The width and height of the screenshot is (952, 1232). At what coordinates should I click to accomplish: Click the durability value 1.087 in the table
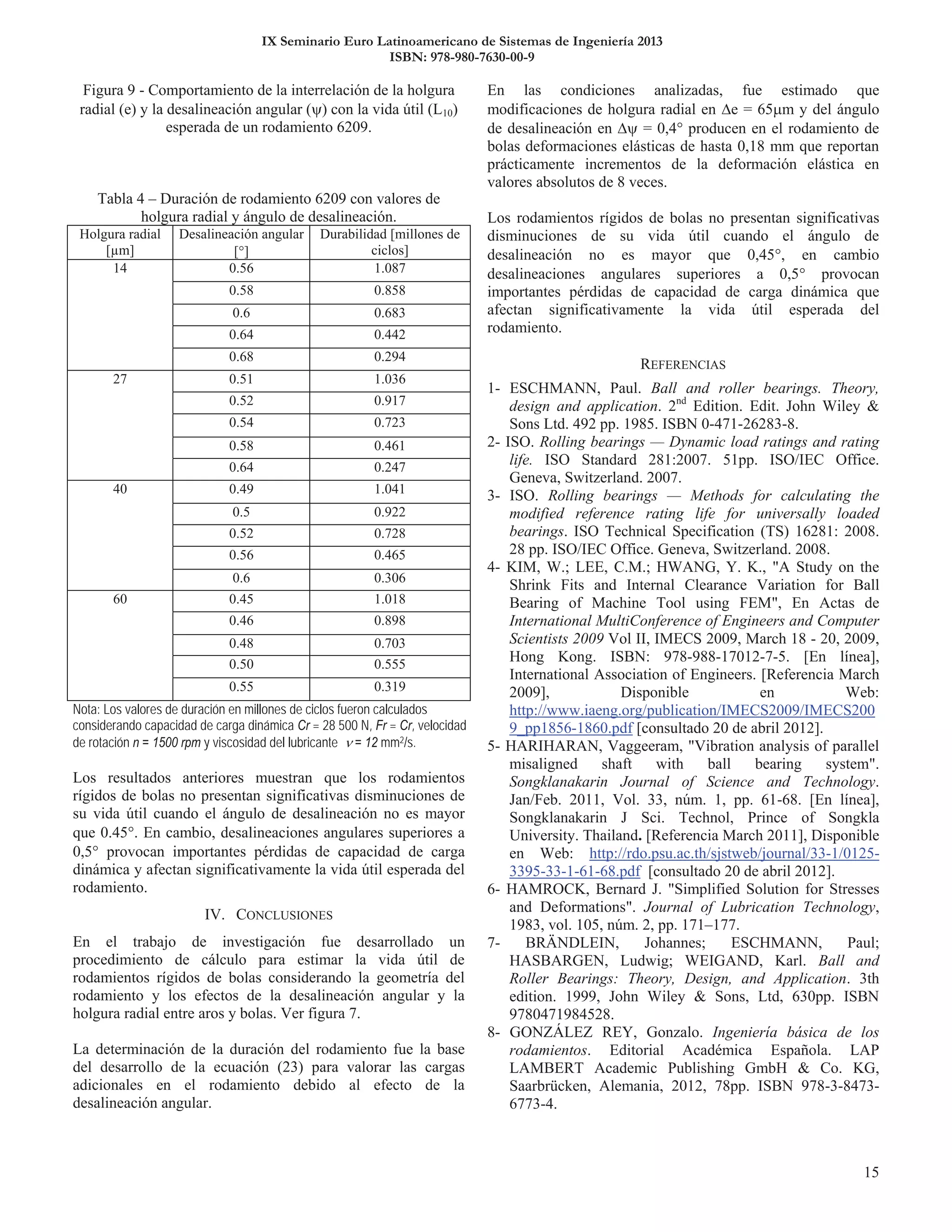(x=390, y=269)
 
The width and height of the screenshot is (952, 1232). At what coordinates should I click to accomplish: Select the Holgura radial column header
(x=119, y=242)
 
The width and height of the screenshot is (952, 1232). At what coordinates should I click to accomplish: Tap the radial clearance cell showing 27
(x=119, y=379)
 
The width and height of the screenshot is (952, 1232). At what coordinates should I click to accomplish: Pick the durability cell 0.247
(x=390, y=468)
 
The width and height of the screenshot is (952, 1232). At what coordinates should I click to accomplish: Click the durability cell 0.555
(x=390, y=664)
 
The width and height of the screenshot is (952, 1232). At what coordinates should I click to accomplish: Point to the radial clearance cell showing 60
(x=119, y=599)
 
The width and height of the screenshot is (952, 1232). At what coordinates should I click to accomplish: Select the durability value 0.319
(x=390, y=687)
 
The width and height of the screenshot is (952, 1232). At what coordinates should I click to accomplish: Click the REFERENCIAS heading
(x=683, y=364)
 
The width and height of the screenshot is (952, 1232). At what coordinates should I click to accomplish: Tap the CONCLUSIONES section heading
(x=284, y=915)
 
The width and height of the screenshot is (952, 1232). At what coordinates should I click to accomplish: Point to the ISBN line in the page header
(x=462, y=58)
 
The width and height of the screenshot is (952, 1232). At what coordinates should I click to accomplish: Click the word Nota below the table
(x=86, y=709)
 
